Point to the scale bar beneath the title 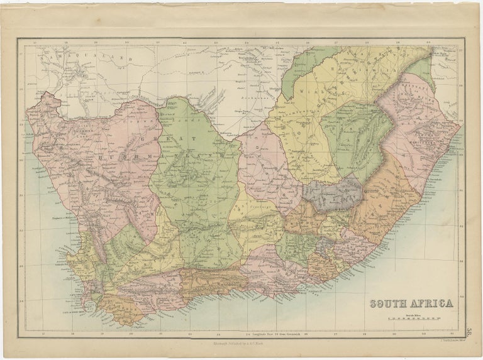(x=409, y=319)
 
